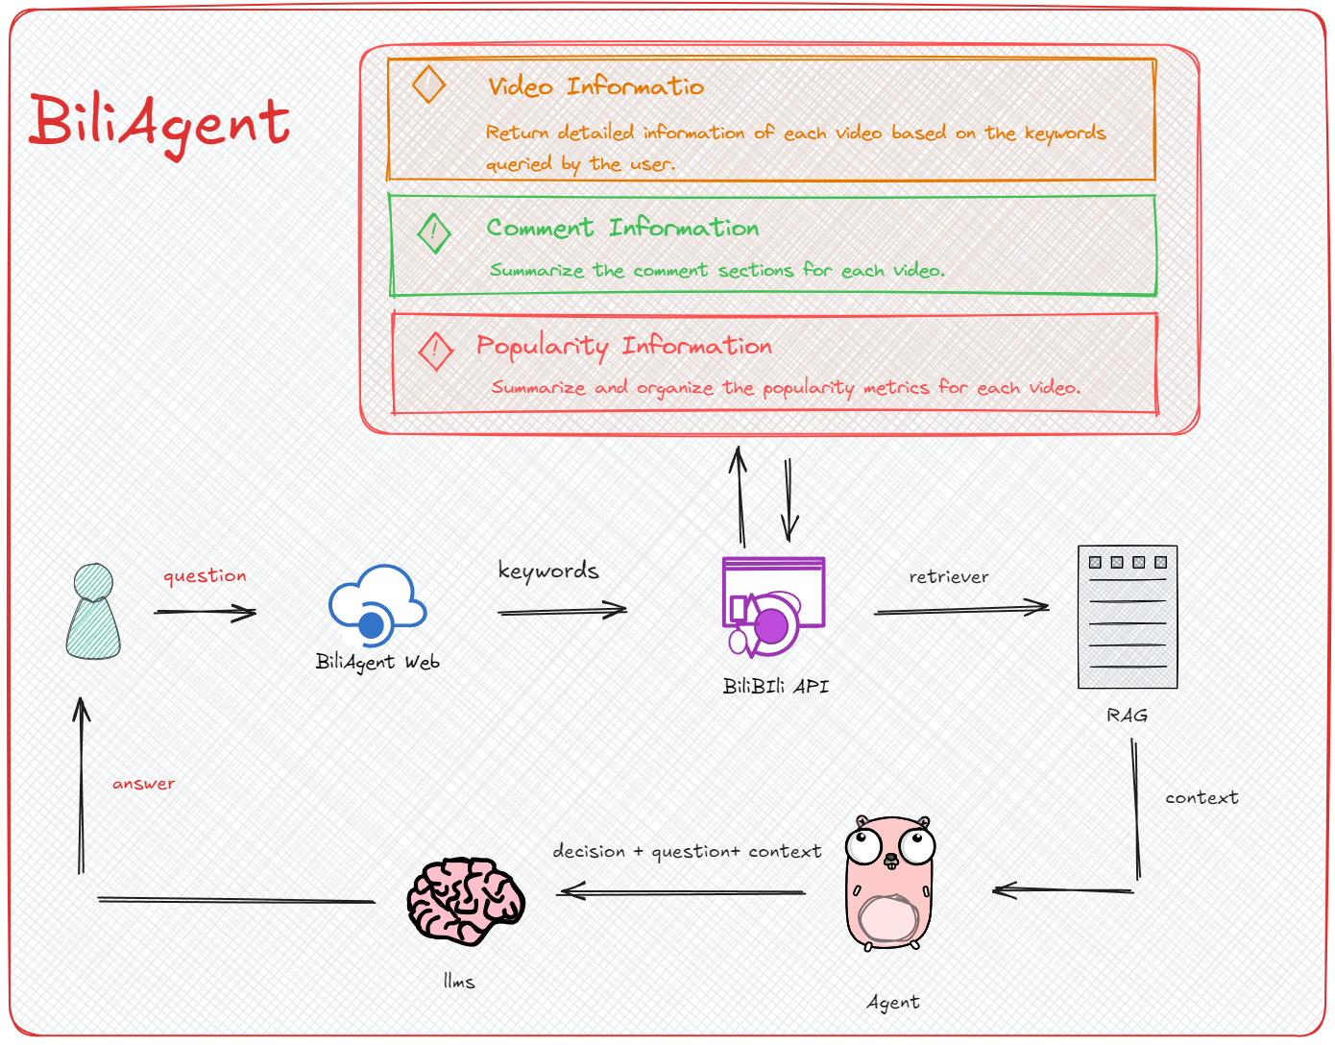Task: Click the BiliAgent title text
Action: [x=158, y=123]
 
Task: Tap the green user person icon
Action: [x=93, y=612]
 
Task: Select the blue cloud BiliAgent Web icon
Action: [x=377, y=605]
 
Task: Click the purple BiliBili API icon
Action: [x=772, y=607]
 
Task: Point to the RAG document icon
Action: [x=1128, y=617]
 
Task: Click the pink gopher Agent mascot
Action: [x=889, y=883]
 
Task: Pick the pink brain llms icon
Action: [x=466, y=901]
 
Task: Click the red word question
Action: [x=205, y=576]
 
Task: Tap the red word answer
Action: [x=144, y=784]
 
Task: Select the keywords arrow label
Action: [x=547, y=571]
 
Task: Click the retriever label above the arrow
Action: [x=949, y=577]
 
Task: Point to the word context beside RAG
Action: [x=1201, y=798]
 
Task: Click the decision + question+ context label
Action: [x=687, y=852]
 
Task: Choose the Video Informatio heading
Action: [x=595, y=86]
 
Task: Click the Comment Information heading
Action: [x=622, y=228]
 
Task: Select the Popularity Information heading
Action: [x=624, y=346]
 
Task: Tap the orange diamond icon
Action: [x=428, y=85]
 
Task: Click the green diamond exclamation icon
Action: [x=434, y=232]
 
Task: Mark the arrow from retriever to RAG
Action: [x=960, y=609]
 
